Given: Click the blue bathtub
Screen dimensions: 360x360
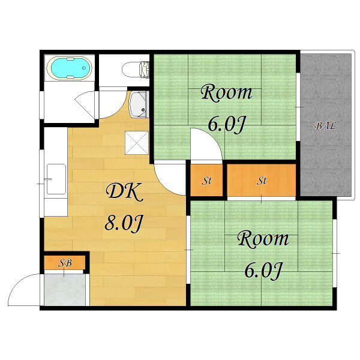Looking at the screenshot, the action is click(x=70, y=68).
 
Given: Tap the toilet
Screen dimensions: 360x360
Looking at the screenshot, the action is click(x=136, y=70).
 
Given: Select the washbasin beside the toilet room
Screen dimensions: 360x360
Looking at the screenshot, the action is click(x=138, y=104).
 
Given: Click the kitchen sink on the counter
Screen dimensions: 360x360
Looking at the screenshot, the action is click(x=56, y=179).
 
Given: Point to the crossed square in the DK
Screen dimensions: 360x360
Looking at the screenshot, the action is click(x=137, y=143).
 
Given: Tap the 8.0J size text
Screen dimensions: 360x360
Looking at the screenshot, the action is click(x=124, y=223).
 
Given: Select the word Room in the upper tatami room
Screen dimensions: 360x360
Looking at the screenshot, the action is click(x=226, y=92).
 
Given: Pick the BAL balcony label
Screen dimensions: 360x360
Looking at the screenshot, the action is click(x=326, y=125).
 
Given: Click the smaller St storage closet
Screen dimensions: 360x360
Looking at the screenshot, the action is click(x=206, y=180).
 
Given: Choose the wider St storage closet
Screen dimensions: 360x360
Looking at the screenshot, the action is click(x=261, y=180).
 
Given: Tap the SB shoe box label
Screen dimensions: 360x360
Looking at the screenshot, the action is click(x=65, y=262).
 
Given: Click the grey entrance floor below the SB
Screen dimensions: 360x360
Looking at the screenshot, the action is click(x=65, y=290).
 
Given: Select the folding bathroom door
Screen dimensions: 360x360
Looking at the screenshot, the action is click(x=85, y=105).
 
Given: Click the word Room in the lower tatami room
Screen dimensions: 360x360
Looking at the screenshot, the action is click(x=263, y=239).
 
